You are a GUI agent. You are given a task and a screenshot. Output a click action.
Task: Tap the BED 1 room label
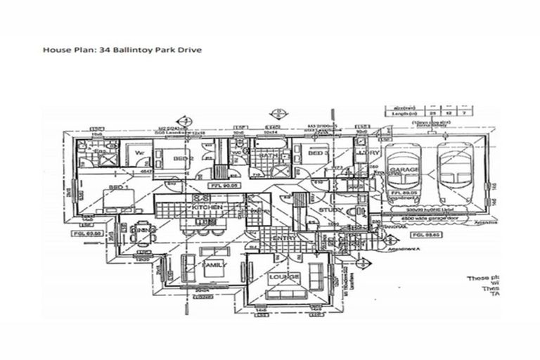118,188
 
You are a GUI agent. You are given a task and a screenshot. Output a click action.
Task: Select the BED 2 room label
184,160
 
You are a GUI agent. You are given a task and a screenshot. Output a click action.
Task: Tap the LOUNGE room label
285,277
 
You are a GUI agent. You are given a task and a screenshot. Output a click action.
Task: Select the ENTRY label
289,239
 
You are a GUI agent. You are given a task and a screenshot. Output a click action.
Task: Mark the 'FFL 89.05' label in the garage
401,191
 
